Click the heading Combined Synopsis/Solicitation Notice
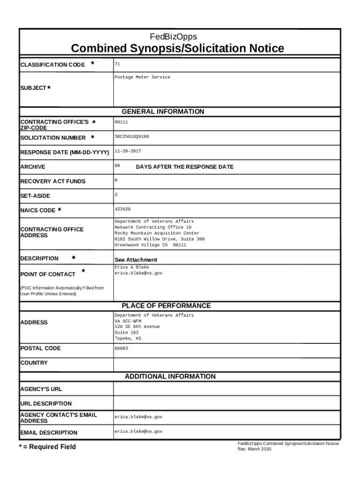177,49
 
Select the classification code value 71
117,64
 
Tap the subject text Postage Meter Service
142,77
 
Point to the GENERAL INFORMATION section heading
163,112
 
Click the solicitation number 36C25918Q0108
132,137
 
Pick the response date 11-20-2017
128,152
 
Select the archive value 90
117,166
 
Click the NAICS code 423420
122,210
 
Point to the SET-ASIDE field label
35,196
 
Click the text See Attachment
136,260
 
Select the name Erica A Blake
132,267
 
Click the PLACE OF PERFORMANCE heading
166,306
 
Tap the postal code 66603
121,348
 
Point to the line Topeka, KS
128,338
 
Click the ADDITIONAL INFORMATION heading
170,377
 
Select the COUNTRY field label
34,363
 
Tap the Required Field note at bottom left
47,447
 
